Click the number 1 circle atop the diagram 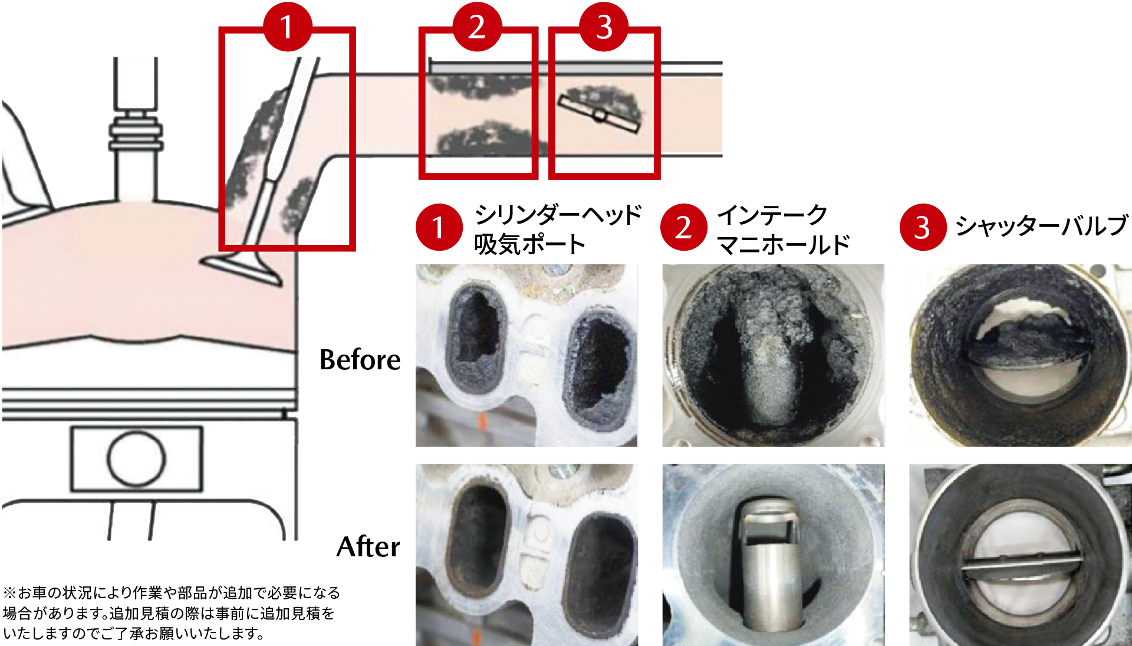287,27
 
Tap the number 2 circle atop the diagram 477,27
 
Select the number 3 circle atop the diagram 604,27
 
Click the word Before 360,359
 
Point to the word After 368,547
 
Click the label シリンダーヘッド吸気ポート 558,229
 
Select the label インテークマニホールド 784,229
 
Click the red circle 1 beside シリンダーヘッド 439,227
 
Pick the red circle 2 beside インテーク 683,227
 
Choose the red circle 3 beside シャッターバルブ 923,227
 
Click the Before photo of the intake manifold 774,355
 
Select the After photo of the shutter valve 1020,555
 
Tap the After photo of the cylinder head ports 526,555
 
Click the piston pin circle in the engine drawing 136,458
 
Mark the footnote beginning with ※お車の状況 172,613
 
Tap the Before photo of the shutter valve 1020,355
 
